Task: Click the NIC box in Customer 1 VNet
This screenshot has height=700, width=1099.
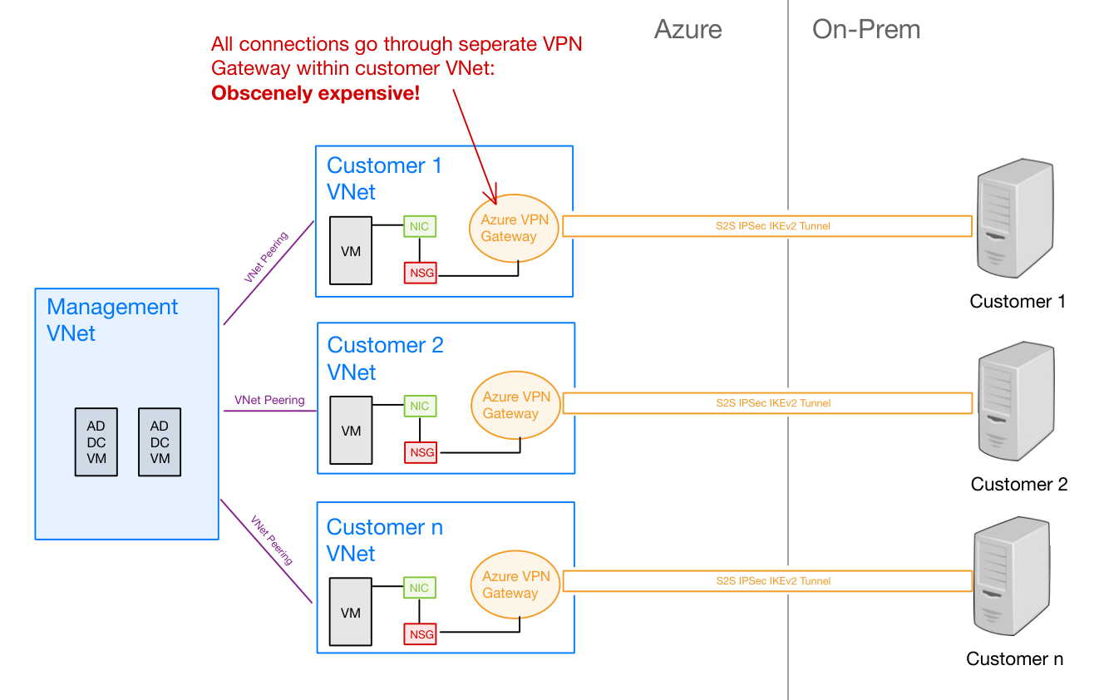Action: [420, 225]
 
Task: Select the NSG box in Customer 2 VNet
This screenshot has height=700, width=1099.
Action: [421, 452]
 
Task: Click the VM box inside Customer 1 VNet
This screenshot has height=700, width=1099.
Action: [351, 250]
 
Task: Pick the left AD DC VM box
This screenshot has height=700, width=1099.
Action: [96, 442]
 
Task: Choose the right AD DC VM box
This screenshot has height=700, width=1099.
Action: [160, 442]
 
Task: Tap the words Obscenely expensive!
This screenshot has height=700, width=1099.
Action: [315, 93]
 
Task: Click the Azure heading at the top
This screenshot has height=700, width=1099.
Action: [687, 30]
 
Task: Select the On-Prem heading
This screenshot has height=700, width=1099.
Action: [865, 30]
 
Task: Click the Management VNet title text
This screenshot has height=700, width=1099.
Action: [111, 320]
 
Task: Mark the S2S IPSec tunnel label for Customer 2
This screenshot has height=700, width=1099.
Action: [773, 403]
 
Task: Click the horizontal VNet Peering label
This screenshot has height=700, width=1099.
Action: [269, 400]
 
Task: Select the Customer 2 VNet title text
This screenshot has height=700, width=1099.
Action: [385, 358]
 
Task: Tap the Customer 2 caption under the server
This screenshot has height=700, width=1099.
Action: [1018, 484]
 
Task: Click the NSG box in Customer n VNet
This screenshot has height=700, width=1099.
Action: [421, 634]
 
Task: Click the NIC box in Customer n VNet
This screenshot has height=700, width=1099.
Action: [420, 588]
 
